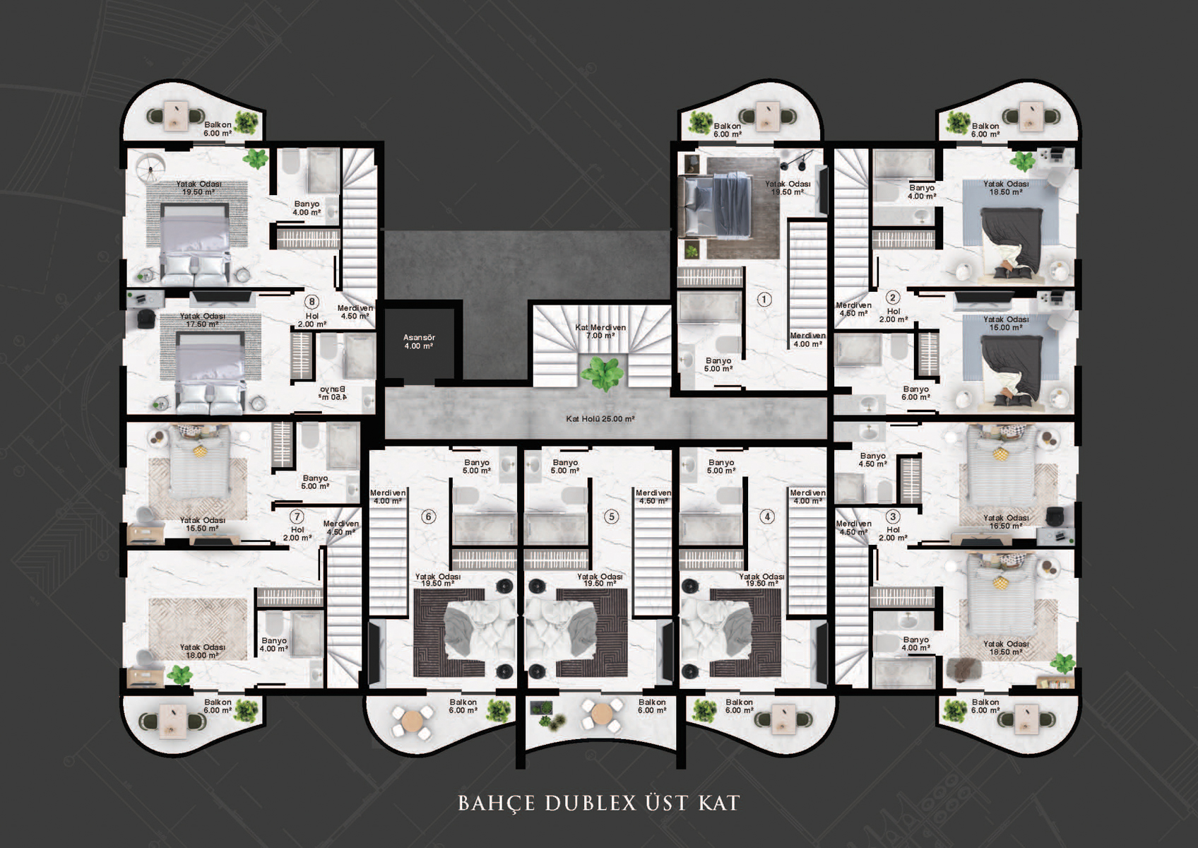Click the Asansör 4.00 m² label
pos(419,342)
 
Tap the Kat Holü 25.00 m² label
pos(600,419)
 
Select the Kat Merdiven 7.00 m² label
pos(600,331)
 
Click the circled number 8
pos(312,302)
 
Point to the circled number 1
pos(764,300)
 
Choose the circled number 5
pos(611,517)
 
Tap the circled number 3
pos(893,517)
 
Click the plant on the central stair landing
pos(603,373)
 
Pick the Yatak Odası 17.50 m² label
pos(202,320)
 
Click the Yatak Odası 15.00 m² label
pos(1006,323)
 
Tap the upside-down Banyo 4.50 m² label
pos(332,393)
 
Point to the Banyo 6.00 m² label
pos(915,393)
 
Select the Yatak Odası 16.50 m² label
pos(1006,522)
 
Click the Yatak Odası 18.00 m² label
pos(202,651)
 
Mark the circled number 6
pos(428,517)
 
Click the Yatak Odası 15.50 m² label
pos(202,524)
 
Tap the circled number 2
pos(893,298)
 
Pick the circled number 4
pos(767,517)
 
